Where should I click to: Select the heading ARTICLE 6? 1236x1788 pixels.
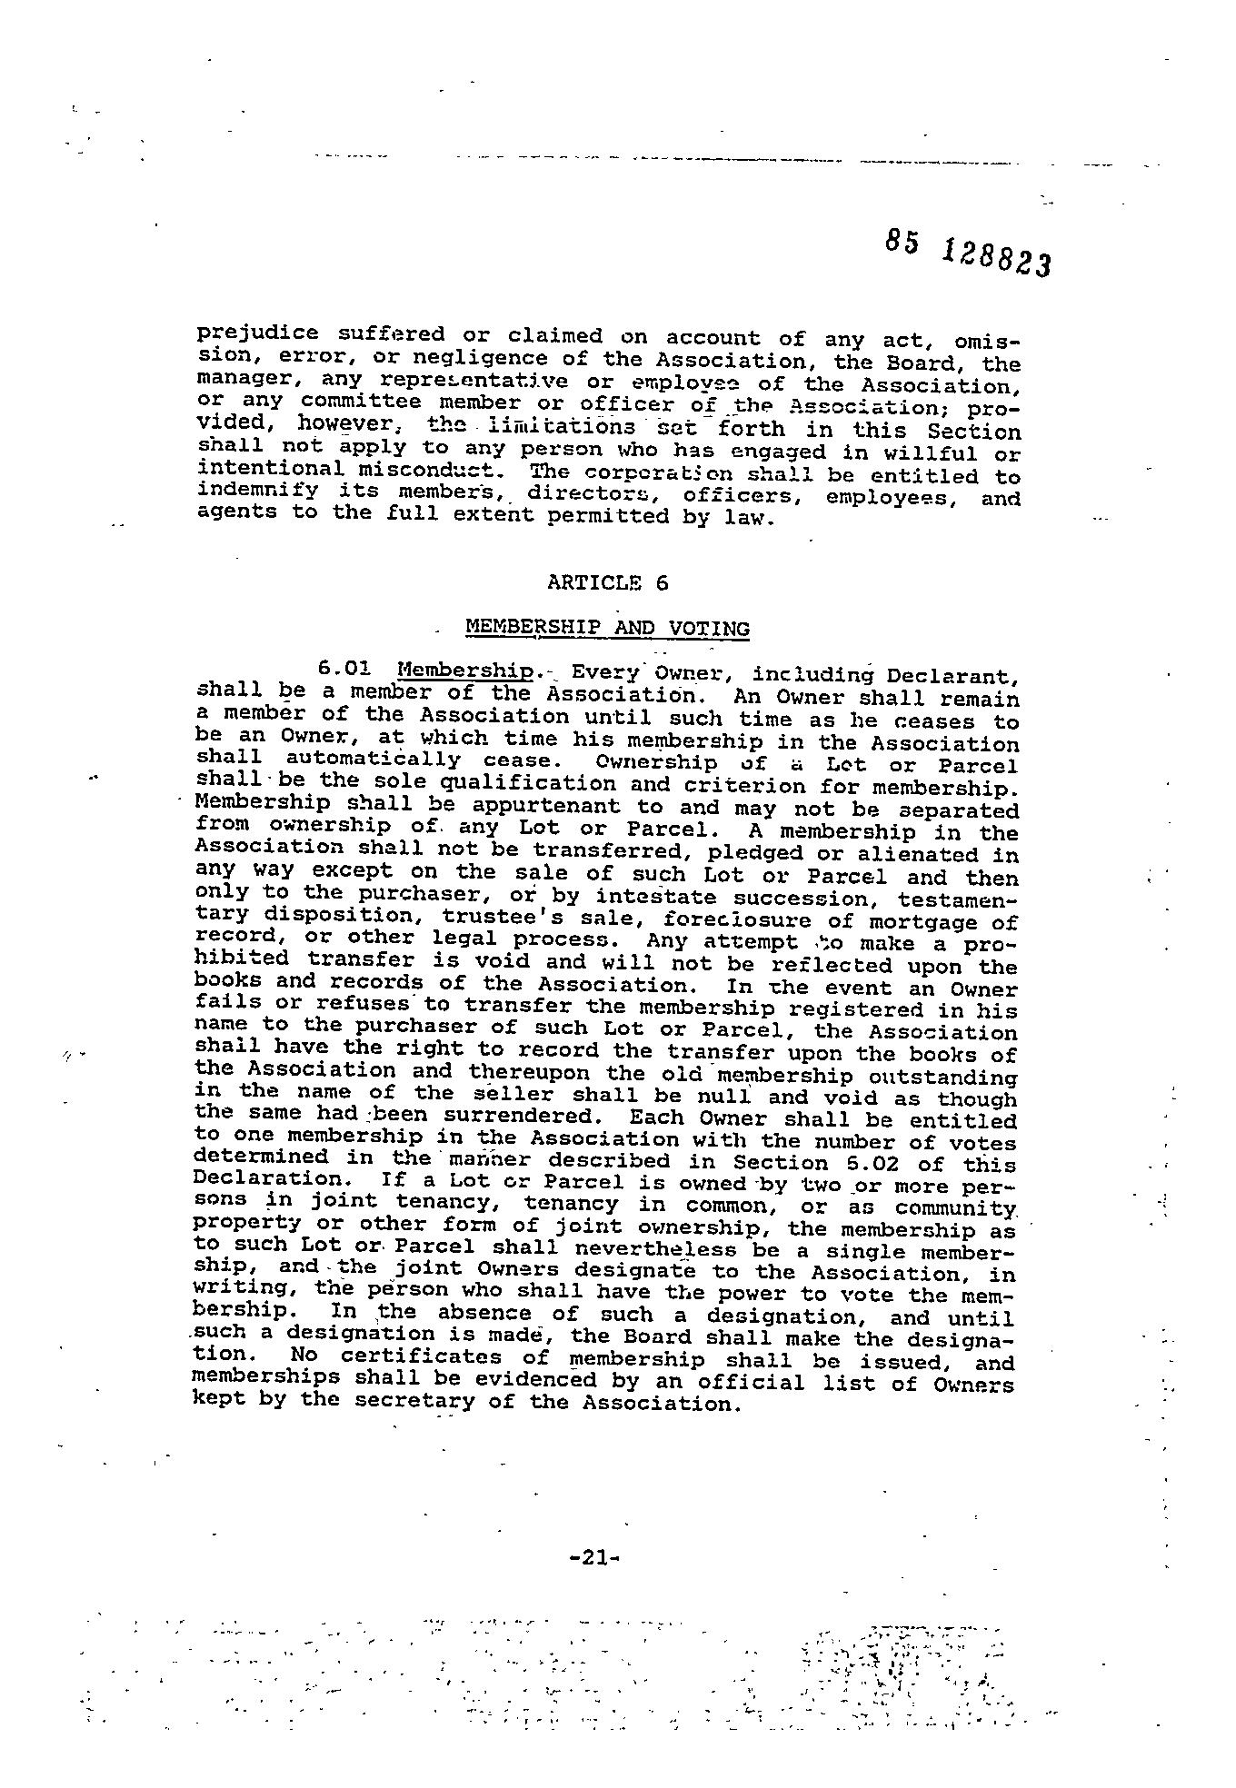click(x=608, y=583)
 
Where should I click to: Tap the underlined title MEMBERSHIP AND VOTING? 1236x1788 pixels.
click(x=607, y=628)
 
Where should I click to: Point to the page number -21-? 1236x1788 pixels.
click(x=593, y=1557)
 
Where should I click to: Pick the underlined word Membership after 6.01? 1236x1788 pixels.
click(x=465, y=671)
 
